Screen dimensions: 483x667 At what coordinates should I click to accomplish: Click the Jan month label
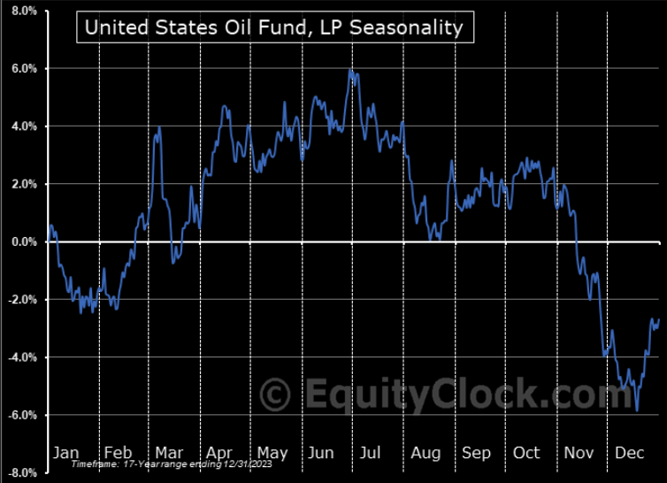[65, 453]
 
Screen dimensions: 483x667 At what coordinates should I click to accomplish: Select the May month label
[271, 453]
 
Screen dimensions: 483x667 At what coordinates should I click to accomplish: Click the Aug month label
[425, 453]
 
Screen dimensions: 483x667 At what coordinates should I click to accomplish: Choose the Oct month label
[527, 453]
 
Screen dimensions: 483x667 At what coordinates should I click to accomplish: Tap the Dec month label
[630, 453]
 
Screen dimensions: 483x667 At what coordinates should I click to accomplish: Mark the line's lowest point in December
[637, 410]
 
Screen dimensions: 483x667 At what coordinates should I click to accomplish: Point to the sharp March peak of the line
[159, 127]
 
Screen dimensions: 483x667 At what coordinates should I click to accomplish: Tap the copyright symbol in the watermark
[276, 391]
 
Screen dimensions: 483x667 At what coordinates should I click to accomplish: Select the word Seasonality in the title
[419, 27]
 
